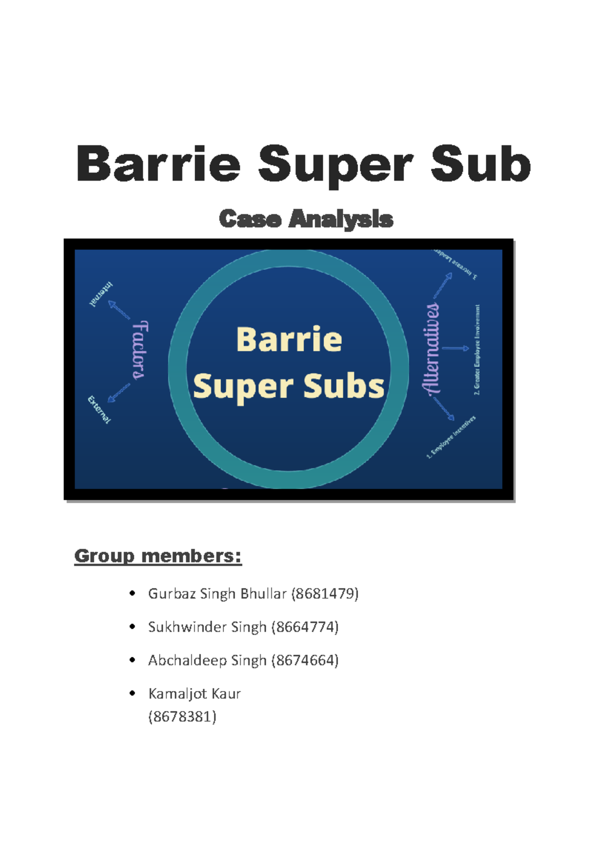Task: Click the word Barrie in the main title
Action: click(x=158, y=164)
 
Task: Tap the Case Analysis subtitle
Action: click(x=306, y=219)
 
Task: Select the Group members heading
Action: click(x=158, y=555)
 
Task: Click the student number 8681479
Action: click(x=325, y=594)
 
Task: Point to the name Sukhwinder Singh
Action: click(x=207, y=627)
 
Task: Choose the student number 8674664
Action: click(x=305, y=660)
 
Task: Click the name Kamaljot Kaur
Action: click(x=194, y=694)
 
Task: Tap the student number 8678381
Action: click(x=182, y=717)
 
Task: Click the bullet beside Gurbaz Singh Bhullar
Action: click(x=133, y=593)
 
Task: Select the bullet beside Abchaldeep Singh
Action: click(x=133, y=660)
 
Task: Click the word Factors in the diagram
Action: click(x=139, y=350)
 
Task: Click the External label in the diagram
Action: click(x=99, y=409)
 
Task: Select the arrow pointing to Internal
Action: click(x=119, y=310)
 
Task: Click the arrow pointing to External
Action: click(x=118, y=392)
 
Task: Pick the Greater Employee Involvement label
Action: click(x=477, y=350)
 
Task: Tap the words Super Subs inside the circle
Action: click(x=289, y=386)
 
